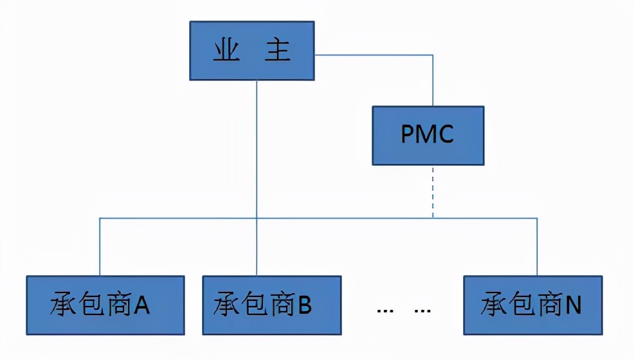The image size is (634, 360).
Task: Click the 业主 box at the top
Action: [252, 51]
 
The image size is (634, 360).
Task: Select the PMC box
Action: [428, 135]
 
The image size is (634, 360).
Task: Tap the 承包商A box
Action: [105, 305]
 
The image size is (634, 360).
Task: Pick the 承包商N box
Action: [533, 305]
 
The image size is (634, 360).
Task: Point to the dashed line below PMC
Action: [433, 191]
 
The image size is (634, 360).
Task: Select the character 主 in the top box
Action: [278, 51]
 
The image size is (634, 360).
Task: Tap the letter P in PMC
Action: [407, 135]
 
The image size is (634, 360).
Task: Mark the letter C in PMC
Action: [447, 135]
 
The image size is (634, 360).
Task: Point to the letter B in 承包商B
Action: [305, 306]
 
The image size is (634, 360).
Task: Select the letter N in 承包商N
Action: [574, 306]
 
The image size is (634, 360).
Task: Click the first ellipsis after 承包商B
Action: [385, 310]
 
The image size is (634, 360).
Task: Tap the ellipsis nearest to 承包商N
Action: [422, 310]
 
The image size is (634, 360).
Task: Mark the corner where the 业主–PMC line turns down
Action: [433, 55]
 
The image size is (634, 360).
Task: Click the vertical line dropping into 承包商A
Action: [100, 248]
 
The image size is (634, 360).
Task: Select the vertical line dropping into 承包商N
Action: [537, 248]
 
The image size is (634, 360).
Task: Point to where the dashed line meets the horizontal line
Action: [433, 218]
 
